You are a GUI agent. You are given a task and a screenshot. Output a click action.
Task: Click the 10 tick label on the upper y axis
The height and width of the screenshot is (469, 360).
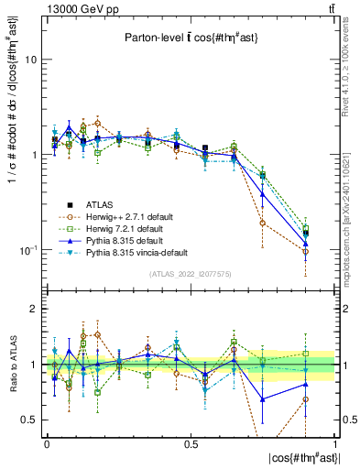pyautogui.click(x=30, y=60)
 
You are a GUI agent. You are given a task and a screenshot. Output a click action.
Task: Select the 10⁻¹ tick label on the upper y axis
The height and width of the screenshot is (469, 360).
pyautogui.click(x=28, y=249)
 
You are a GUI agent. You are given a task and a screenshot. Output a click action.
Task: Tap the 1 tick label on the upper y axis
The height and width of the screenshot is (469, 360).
pyautogui.click(x=33, y=155)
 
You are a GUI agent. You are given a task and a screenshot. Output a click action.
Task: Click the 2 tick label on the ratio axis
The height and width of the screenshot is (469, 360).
pyautogui.click(x=33, y=310)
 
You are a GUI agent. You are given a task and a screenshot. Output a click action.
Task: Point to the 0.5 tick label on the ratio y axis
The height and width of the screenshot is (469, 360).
pyautogui.click(x=28, y=420)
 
